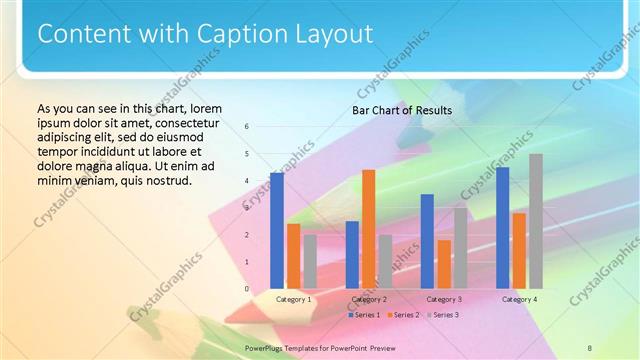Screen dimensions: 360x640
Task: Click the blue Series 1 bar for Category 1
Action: [277, 231]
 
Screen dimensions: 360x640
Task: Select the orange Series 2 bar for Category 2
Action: [368, 229]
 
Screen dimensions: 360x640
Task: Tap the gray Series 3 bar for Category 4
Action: [536, 221]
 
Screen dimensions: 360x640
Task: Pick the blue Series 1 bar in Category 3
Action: [427, 241]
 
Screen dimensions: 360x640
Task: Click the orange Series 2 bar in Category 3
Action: [444, 264]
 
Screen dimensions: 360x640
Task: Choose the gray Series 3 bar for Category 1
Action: [310, 262]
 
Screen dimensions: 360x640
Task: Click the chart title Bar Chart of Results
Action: [402, 110]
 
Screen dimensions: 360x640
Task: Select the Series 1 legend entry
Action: [362, 315]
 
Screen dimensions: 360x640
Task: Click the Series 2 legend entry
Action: [403, 315]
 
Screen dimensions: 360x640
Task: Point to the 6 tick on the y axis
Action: [247, 127]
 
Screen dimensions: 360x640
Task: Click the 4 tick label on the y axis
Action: [247, 181]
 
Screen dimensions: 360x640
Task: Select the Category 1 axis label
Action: [293, 299]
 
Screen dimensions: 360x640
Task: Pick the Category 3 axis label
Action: [444, 299]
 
